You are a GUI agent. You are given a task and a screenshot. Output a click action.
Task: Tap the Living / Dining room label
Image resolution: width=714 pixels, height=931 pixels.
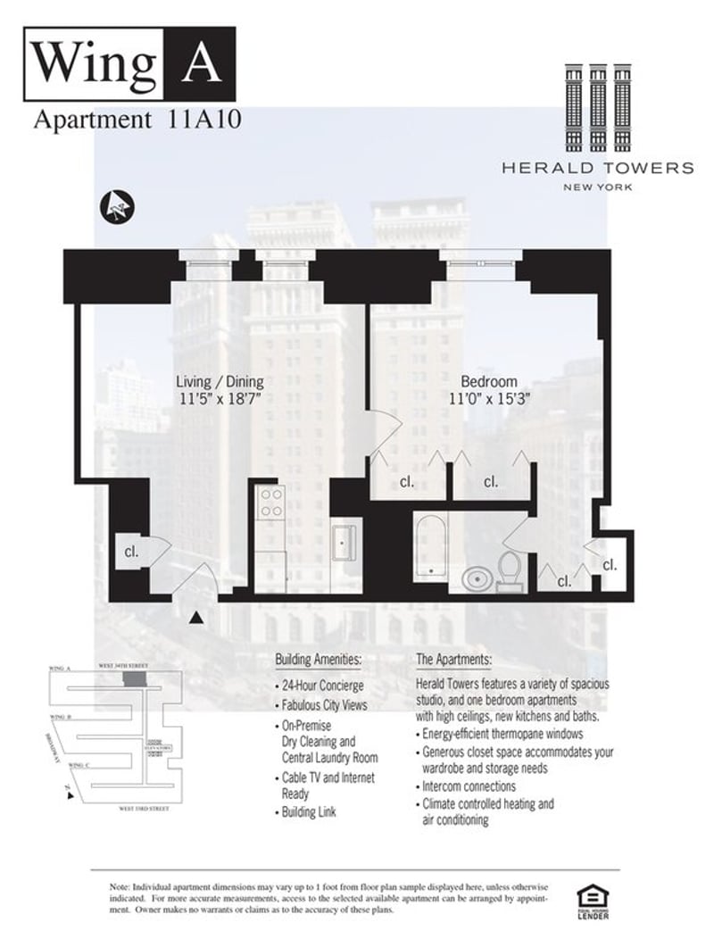coord(219,382)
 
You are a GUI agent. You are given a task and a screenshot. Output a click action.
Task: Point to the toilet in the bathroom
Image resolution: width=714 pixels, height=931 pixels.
coord(510,571)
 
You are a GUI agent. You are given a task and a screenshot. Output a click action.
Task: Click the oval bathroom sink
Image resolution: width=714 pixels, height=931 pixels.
coord(477,581)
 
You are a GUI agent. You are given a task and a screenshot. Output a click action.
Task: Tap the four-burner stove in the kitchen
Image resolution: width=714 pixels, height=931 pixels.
coord(270,503)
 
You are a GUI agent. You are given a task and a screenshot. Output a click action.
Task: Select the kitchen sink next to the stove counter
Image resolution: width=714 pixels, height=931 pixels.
coord(344,542)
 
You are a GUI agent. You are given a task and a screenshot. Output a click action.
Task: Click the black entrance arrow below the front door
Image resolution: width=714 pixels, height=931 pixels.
coord(198,617)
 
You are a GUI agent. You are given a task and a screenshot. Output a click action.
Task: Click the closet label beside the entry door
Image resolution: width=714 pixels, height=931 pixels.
coord(131,551)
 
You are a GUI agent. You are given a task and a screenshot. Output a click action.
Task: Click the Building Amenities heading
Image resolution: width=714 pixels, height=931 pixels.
coord(318,660)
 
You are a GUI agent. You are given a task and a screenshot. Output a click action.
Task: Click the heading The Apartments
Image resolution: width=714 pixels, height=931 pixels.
coord(453,660)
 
